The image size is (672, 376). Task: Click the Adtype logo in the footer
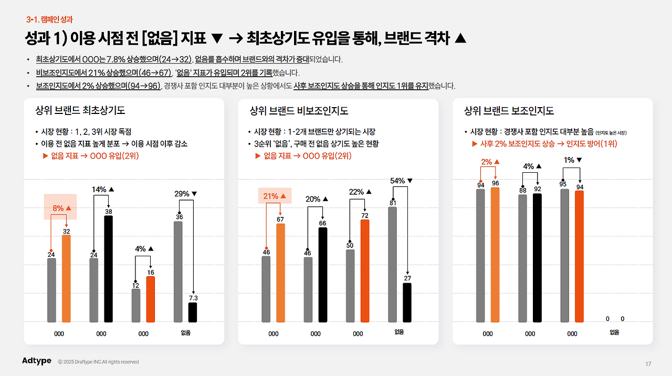point(37,361)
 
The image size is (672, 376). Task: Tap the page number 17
point(648,364)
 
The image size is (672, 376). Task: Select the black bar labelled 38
point(108,268)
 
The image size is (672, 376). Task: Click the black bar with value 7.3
point(193,312)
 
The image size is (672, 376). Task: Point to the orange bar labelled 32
point(66,278)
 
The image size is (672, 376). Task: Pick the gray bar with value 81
point(393,264)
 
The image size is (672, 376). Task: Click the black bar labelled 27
point(407,302)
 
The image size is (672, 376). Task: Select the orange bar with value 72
point(365,270)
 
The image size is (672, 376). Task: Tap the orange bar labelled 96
point(495,255)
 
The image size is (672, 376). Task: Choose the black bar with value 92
point(537,257)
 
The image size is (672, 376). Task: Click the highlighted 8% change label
point(61,208)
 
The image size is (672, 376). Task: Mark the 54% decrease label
point(401,181)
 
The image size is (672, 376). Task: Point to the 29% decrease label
point(185,194)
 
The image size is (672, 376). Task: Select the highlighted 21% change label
point(275,196)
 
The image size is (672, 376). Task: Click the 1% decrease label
point(573,160)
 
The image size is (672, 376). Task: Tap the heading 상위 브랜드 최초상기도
point(80,111)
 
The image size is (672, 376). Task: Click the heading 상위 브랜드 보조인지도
point(509,111)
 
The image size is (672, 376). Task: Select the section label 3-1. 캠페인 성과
point(49,19)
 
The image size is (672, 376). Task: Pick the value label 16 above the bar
point(151,273)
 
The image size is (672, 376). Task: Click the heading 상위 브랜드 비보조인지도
point(299,111)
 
